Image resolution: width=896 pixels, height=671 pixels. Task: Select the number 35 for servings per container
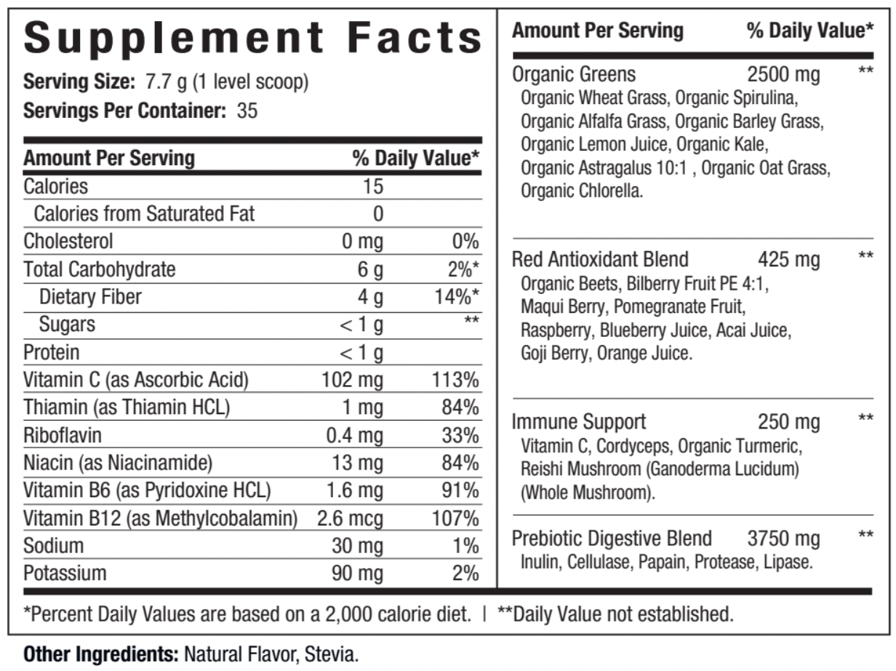click(x=247, y=112)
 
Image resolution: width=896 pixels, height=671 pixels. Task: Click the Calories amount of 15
click(x=373, y=186)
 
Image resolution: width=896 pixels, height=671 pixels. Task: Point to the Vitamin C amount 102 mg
click(x=353, y=380)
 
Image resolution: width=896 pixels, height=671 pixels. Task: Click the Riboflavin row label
click(x=63, y=435)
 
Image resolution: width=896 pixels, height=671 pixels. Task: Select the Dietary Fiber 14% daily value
click(x=459, y=297)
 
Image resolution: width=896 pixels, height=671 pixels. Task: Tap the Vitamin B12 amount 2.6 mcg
click(x=351, y=519)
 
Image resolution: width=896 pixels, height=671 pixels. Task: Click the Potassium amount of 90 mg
click(x=357, y=573)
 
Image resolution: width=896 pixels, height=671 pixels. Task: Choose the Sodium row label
click(x=54, y=546)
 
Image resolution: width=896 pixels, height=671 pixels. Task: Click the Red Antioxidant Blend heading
click(x=600, y=259)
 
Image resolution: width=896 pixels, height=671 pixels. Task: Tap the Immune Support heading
click(x=579, y=421)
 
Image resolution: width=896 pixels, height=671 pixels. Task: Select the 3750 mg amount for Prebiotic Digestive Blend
click(x=783, y=539)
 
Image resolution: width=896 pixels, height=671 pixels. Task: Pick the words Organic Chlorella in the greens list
click(x=582, y=193)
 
